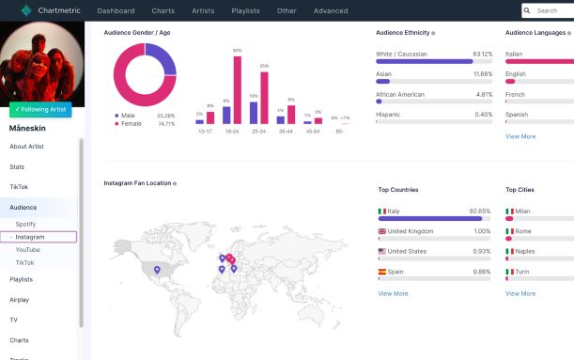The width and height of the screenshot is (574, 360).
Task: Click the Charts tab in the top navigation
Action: (163, 11)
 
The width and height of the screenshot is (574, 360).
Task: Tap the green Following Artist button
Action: (41, 109)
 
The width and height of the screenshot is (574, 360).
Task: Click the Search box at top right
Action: (551, 11)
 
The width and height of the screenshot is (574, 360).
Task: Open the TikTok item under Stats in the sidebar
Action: (19, 186)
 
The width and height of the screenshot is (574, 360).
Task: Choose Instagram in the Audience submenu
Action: (30, 237)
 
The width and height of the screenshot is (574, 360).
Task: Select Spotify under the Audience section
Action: (26, 224)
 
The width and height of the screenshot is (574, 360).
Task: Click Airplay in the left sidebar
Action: (20, 299)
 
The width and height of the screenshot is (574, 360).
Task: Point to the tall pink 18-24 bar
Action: (238, 89)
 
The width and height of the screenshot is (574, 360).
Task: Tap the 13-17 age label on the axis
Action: (205, 131)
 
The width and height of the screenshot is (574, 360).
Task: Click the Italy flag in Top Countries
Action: (381, 211)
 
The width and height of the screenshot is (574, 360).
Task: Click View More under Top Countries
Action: (393, 293)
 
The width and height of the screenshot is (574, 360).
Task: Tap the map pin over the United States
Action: (157, 269)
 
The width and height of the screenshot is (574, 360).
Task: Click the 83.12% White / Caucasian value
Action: (482, 54)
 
